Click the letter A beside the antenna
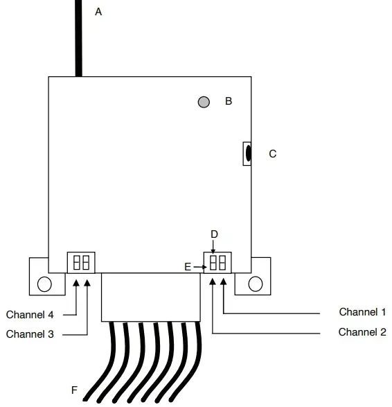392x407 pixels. (98, 12)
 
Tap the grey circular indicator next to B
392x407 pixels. (204, 102)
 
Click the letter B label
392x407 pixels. (228, 101)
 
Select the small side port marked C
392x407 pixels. (247, 153)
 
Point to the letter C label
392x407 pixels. (272, 154)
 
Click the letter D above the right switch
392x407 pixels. (214, 234)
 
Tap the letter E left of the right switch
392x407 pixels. (188, 266)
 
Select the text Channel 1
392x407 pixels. (362, 313)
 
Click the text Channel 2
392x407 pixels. (362, 332)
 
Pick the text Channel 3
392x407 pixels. (30, 334)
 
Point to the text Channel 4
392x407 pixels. (30, 315)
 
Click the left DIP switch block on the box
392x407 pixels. (81, 263)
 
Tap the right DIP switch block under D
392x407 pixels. (217, 263)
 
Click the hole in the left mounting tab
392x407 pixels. (44, 284)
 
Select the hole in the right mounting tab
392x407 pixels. (255, 284)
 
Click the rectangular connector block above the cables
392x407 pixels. (150, 297)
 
